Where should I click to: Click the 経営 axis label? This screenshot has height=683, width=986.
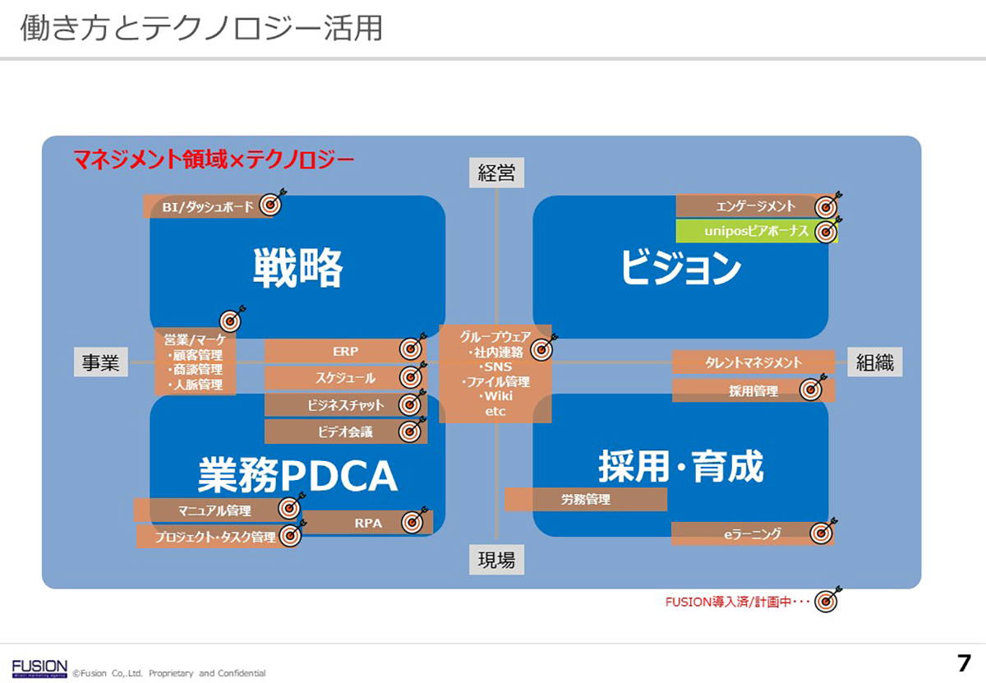[496, 173]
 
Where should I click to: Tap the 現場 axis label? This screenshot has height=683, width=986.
[496, 561]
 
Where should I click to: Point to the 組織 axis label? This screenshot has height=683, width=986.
[874, 362]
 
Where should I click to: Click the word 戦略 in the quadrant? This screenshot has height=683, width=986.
[297, 267]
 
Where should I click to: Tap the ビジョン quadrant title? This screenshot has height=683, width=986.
[680, 268]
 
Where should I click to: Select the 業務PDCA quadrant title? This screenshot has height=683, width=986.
[297, 474]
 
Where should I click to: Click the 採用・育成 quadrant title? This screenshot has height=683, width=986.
[680, 466]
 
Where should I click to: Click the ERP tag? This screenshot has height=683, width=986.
[345, 351]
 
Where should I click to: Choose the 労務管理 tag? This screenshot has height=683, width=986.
[585, 499]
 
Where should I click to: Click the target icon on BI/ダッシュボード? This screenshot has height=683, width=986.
[272, 204]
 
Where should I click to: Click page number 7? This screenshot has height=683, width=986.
[964, 662]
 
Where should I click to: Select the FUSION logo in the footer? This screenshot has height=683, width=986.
[39, 666]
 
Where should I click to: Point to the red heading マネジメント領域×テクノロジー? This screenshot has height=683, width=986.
[214, 157]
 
